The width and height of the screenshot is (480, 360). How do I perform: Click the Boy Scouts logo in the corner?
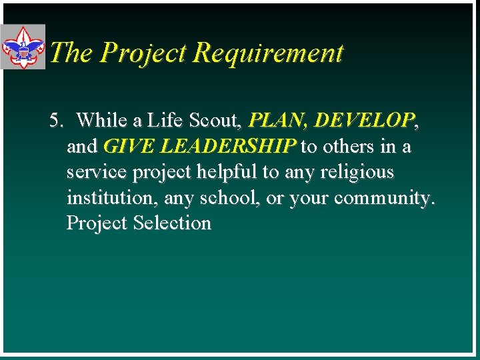point(23,47)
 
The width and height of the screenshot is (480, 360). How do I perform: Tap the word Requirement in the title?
point(269,53)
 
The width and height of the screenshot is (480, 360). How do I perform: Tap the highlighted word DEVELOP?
point(364,121)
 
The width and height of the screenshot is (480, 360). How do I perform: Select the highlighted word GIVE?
point(127,146)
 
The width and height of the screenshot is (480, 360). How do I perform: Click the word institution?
point(109,198)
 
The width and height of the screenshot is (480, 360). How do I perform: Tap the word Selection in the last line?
point(172,223)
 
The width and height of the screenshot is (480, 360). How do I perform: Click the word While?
point(101,121)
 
